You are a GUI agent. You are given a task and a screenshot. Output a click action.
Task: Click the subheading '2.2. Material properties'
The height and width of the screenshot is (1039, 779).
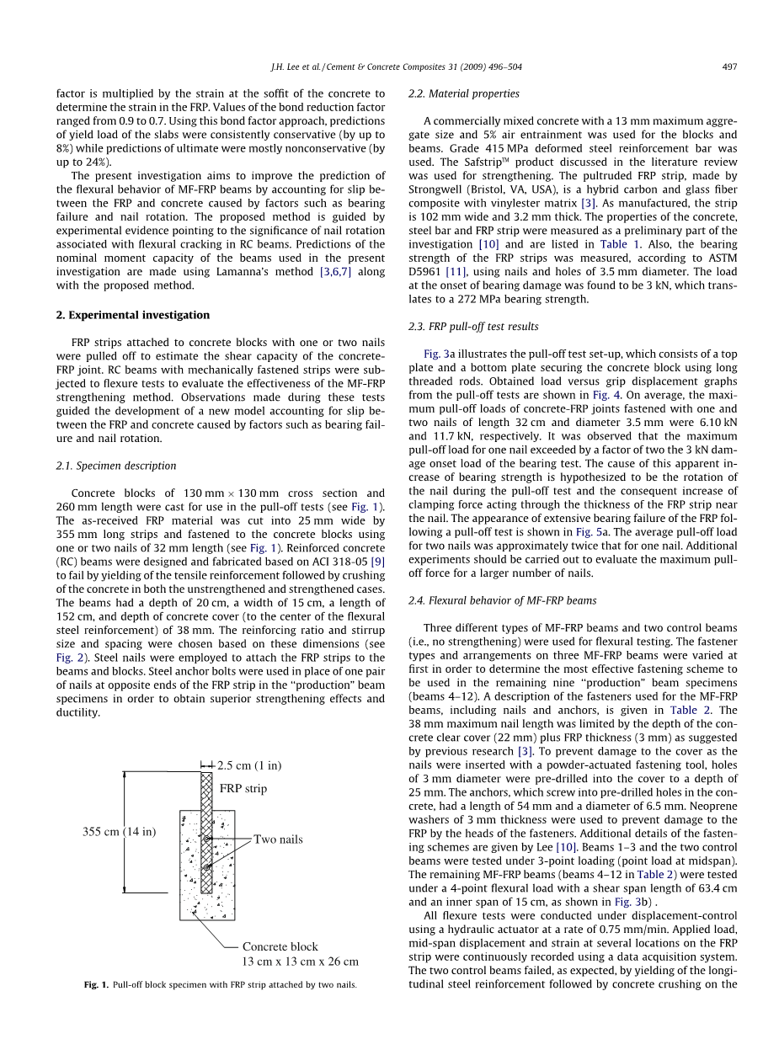click(x=463, y=93)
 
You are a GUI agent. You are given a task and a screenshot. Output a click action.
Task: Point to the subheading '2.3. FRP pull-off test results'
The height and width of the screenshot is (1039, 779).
click(x=473, y=327)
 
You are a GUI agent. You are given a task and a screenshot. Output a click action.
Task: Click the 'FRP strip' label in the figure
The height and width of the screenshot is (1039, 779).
click(x=243, y=789)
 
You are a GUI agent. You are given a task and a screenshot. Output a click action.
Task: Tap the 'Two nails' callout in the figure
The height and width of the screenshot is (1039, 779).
click(x=278, y=839)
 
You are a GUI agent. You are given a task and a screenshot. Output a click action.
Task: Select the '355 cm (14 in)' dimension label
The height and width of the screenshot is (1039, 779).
click(x=119, y=832)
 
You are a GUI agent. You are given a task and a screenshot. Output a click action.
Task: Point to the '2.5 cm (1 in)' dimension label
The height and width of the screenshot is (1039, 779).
click(x=249, y=765)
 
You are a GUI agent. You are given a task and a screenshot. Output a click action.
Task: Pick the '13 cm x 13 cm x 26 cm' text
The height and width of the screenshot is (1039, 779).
click(x=300, y=961)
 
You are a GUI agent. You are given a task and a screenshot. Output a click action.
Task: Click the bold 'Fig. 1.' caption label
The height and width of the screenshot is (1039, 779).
click(x=97, y=985)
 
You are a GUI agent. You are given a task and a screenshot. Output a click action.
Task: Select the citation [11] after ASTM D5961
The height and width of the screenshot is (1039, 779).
click(x=457, y=272)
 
